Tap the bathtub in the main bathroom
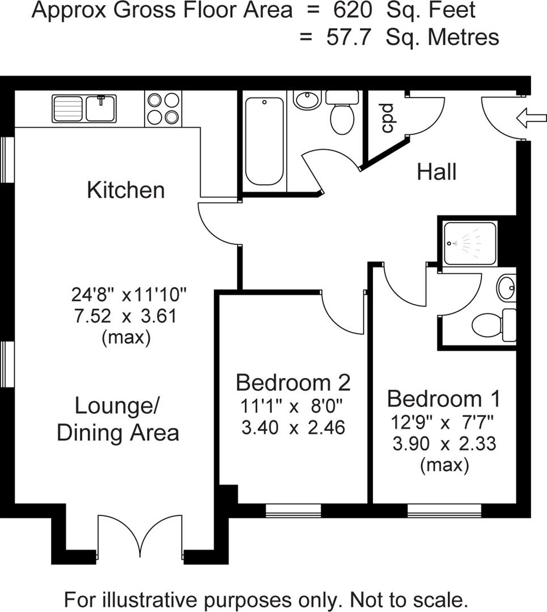coord(264,141)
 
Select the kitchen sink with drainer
coord(84,108)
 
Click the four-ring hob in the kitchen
coord(163,108)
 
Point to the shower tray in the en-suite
coord(470,243)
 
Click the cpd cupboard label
coord(387,118)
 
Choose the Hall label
coord(436,171)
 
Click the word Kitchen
coord(126,190)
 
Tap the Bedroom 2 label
coord(293,382)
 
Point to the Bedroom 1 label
coord(444,399)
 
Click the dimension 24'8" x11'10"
coord(129,295)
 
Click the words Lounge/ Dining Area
coord(118,419)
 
